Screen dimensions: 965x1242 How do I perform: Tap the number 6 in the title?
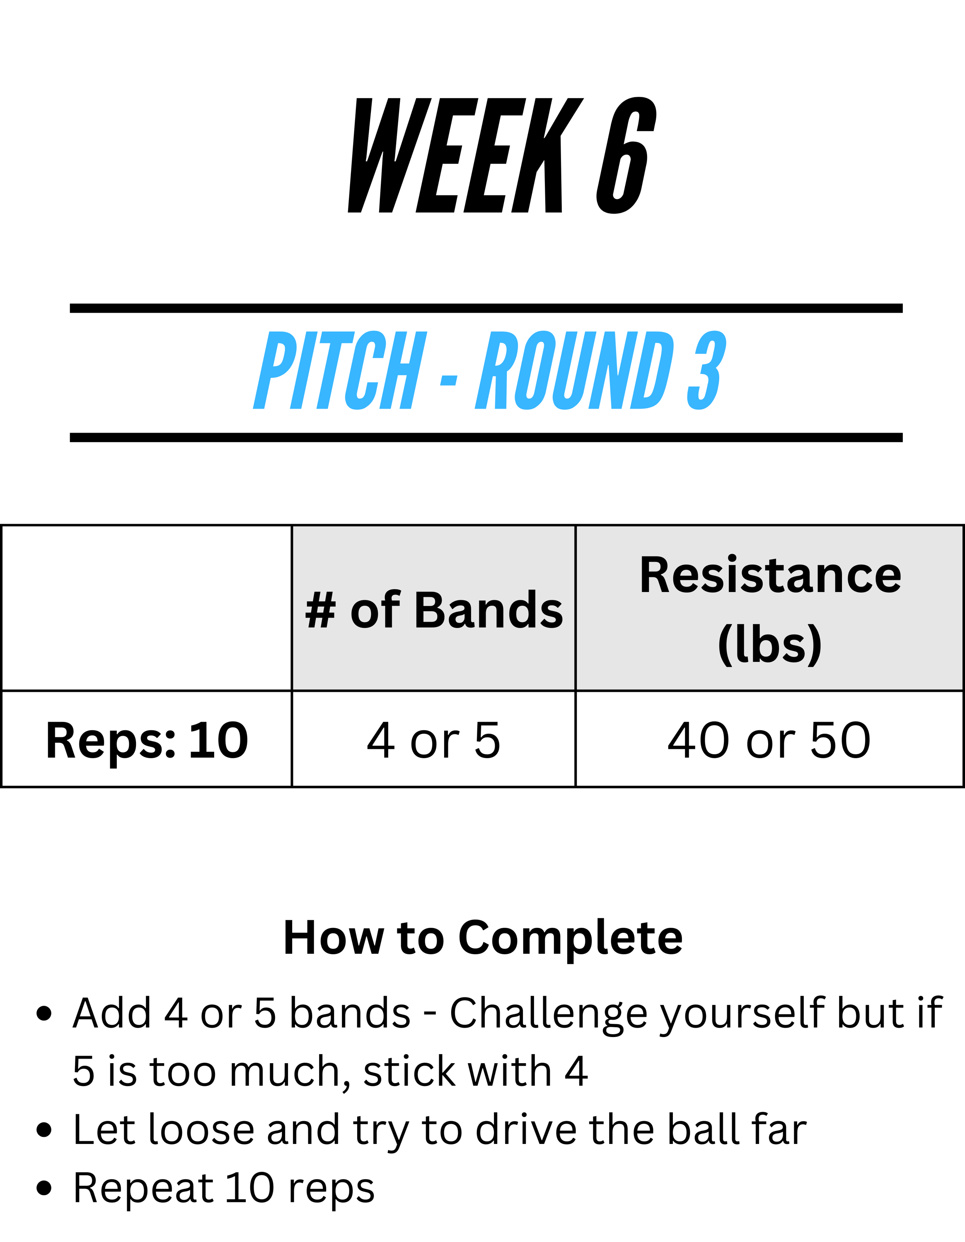[x=626, y=155]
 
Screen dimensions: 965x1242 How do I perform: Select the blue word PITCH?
[x=340, y=370]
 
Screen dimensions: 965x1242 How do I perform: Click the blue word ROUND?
[x=575, y=370]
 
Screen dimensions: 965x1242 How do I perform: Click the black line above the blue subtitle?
[x=486, y=308]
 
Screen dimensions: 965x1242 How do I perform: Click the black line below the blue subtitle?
[x=486, y=437]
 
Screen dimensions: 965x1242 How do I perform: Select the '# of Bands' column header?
[x=433, y=610]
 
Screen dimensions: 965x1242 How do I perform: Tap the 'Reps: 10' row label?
[x=147, y=740]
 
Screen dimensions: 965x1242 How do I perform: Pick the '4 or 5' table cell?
[x=433, y=740]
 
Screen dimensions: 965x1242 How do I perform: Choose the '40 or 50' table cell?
[x=769, y=740]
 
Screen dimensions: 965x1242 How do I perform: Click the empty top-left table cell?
[x=147, y=608]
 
